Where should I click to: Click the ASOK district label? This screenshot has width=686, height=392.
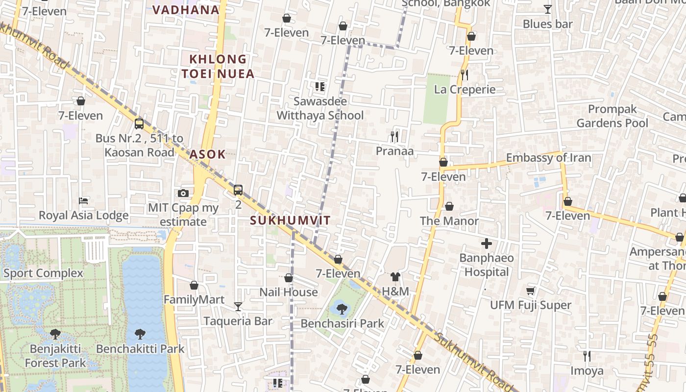point(207,154)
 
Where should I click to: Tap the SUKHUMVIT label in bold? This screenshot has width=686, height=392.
point(290,220)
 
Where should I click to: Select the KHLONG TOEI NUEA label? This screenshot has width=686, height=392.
point(218,67)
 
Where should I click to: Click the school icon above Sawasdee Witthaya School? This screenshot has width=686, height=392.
point(320,87)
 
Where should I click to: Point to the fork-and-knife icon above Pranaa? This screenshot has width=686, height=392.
point(394,136)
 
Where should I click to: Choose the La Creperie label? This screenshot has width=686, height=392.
point(465,90)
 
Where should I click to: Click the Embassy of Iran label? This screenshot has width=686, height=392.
point(548,158)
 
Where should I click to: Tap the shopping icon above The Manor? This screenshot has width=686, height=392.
point(449,206)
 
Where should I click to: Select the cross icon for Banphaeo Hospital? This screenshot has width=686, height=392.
point(487,244)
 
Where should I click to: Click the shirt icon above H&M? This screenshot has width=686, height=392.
point(395,277)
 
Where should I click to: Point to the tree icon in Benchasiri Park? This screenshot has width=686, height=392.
point(342,309)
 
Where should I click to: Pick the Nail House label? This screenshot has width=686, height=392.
point(289,293)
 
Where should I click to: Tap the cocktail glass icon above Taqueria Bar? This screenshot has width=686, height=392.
point(238,307)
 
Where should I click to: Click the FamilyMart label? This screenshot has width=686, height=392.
point(194,300)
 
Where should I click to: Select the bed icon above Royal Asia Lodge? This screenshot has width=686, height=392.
point(83,201)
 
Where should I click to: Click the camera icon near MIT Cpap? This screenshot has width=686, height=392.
point(183,194)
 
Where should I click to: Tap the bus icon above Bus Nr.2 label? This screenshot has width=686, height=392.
point(139,123)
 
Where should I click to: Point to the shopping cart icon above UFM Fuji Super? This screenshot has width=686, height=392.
point(530,291)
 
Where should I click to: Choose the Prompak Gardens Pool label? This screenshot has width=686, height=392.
point(612,116)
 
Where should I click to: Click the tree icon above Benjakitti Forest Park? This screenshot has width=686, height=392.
point(55,334)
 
